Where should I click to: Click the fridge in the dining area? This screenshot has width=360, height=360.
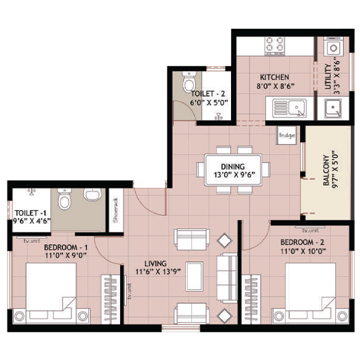(x=287, y=135)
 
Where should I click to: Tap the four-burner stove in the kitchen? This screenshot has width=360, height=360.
(x=275, y=46)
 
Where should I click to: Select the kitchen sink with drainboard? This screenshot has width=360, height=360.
(x=289, y=108)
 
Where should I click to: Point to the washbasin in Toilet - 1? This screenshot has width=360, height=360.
(x=92, y=195)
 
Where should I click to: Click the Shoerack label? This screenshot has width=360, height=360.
(x=115, y=210)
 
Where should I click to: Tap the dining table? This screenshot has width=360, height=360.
(x=233, y=170)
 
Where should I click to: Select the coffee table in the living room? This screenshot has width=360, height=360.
(x=194, y=277)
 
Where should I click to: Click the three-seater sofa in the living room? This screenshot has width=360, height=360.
(x=227, y=278)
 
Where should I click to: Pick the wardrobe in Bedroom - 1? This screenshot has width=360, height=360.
(x=110, y=299)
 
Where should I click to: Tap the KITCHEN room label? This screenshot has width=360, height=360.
(x=274, y=77)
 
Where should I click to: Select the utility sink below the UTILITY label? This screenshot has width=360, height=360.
(x=333, y=109)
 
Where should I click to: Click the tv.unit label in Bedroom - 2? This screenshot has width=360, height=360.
(x=310, y=230)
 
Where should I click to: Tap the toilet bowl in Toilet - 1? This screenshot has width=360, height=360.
(x=64, y=199)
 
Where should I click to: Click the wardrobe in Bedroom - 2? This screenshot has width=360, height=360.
(x=251, y=299)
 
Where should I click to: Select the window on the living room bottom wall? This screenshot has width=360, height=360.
(x=181, y=328)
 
